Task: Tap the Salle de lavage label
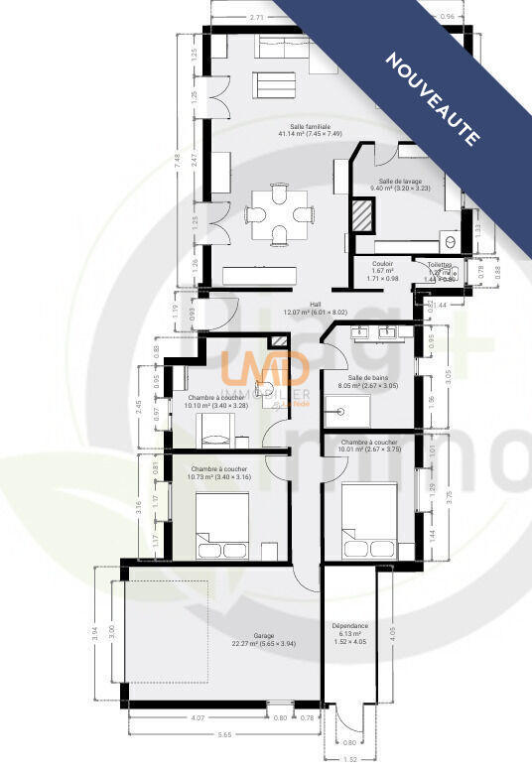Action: pos(400,182)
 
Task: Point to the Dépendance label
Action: pos(349,626)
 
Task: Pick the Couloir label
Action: pos(382,264)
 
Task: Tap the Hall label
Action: pos(316,305)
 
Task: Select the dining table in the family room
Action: pos(281,213)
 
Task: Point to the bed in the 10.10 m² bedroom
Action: pos(216,430)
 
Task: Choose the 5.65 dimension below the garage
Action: pos(224,735)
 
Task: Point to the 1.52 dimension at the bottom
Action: pos(349,759)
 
